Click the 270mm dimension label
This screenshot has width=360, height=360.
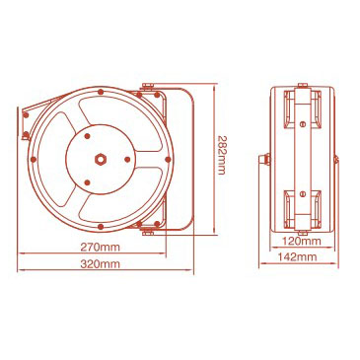pos(101,247)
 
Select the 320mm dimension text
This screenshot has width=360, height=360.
pos(101,263)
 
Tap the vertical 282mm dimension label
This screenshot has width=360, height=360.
pos(221,155)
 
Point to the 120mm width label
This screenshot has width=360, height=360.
pos(302,241)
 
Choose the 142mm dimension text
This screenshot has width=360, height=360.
pos(297,256)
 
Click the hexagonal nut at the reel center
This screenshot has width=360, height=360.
pos(100,159)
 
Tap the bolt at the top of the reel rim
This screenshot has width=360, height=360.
pos(100,92)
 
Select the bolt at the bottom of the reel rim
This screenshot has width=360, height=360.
pos(101,227)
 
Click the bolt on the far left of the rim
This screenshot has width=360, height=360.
pos(34,160)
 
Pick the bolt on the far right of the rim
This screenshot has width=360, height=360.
pos(168,160)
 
